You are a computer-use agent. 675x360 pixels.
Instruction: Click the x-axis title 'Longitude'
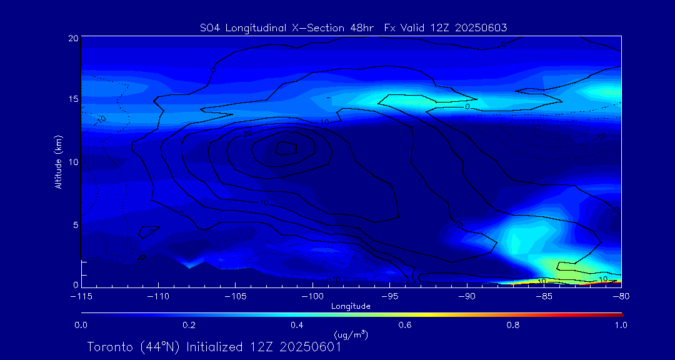click(x=351, y=306)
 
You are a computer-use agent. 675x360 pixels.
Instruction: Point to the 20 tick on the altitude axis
click(x=72, y=38)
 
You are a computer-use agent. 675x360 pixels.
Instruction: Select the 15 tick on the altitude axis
click(x=72, y=99)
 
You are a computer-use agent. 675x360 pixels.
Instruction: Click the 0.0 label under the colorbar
click(x=81, y=325)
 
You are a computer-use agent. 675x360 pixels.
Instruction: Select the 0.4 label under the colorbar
click(x=297, y=325)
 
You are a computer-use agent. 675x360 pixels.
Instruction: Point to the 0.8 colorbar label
click(x=513, y=325)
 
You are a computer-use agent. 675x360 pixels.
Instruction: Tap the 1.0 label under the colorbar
click(x=621, y=325)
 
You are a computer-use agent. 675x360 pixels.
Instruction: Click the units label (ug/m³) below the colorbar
click(x=351, y=334)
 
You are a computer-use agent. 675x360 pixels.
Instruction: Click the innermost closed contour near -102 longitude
click(x=286, y=147)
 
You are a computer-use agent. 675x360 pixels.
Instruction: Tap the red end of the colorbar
click(x=619, y=312)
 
